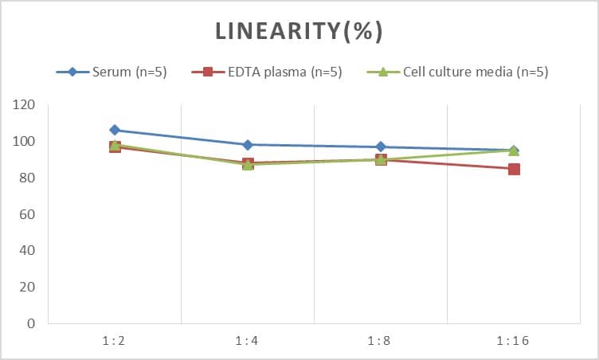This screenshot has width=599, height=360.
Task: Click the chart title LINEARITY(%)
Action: [x=299, y=31]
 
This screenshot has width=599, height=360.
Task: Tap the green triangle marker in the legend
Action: [x=382, y=72]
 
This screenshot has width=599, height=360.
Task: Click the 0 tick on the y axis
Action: [x=30, y=323]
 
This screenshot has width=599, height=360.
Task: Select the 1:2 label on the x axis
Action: [x=115, y=341]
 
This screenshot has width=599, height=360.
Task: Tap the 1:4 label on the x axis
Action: [x=248, y=341]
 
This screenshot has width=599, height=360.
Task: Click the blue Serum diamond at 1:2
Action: [x=115, y=130]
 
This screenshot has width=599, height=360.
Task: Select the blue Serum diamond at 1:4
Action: [x=248, y=145]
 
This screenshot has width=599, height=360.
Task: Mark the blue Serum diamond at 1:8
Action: [x=381, y=147]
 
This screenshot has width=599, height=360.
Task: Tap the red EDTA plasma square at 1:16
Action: [x=514, y=169]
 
